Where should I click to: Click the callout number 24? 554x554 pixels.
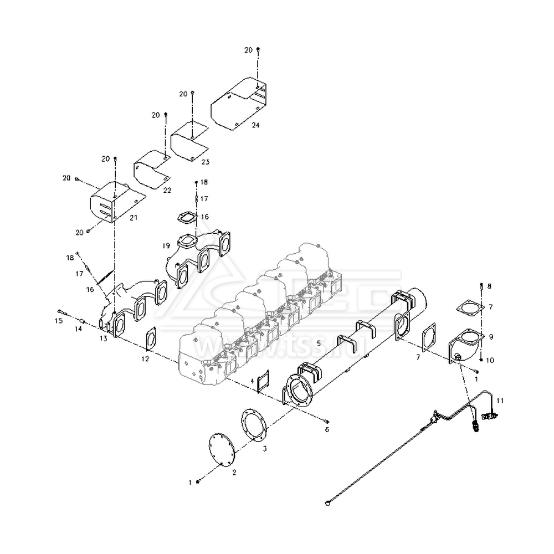(255, 126)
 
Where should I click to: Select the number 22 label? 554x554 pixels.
(168, 190)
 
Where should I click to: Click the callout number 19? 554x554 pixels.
(166, 245)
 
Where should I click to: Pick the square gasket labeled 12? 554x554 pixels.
(150, 339)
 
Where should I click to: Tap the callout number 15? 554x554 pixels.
(59, 320)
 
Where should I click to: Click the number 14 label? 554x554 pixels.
(78, 329)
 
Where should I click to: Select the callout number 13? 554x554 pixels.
(103, 338)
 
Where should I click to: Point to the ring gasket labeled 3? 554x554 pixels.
(254, 425)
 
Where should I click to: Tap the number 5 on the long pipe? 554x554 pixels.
(319, 343)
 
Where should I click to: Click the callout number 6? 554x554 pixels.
(327, 429)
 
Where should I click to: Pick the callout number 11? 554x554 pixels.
(500, 400)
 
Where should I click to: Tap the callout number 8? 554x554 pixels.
(489, 286)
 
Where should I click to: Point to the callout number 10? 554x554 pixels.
(489, 360)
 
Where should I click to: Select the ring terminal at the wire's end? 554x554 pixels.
(327, 503)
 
